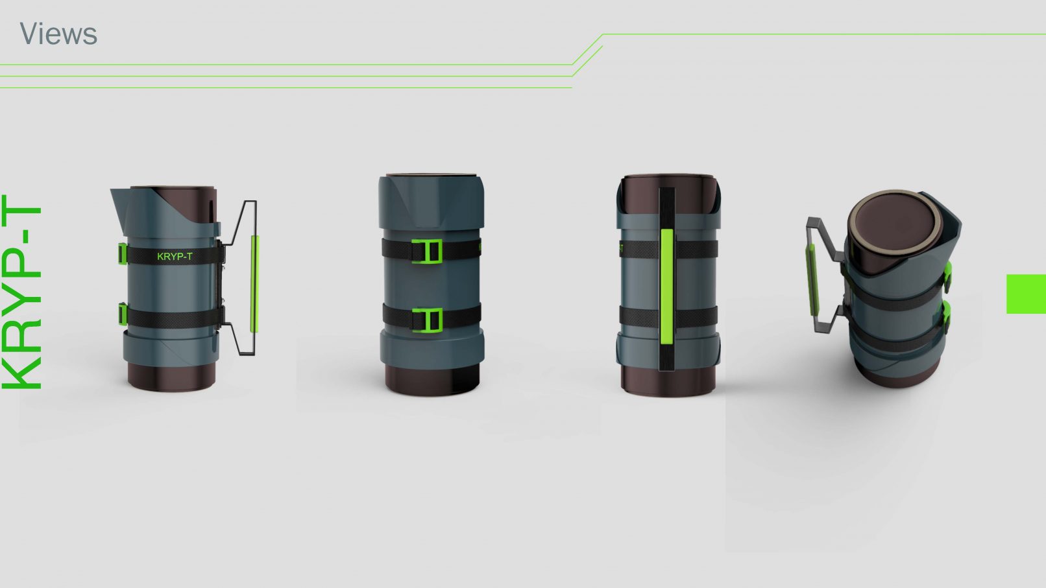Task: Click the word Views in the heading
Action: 58,34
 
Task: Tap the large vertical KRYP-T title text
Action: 21,292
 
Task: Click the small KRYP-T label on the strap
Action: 175,257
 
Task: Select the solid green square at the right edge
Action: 1026,294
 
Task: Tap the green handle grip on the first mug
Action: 254,284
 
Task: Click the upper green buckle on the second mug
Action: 427,252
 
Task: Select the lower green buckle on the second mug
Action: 427,320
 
